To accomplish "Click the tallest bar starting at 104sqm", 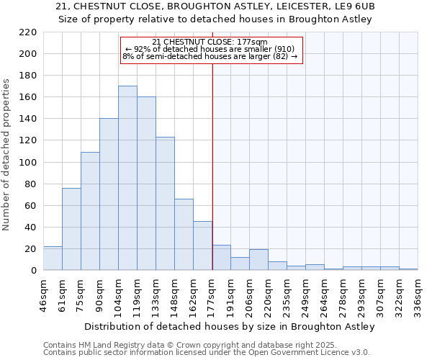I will tap(127, 178).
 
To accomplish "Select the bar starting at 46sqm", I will tap(53, 258).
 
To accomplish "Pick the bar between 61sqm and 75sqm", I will tap(71, 229).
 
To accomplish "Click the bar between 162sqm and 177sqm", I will tap(202, 246).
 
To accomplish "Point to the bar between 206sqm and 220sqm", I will tap(258, 260).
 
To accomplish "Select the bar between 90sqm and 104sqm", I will tap(109, 194).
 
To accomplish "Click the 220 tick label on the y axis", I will tap(28, 32).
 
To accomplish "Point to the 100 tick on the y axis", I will tap(28, 163).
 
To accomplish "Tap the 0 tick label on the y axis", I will tap(34, 271).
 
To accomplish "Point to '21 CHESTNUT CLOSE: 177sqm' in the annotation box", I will tap(210, 42).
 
